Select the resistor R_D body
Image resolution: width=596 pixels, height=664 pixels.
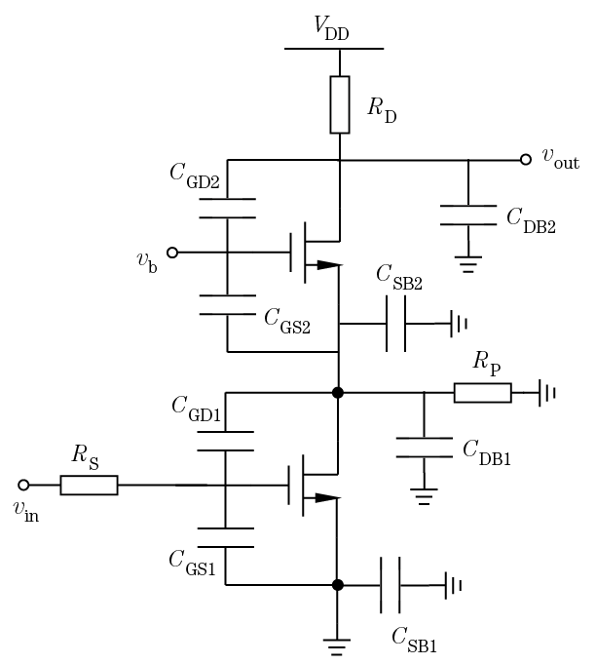(339, 104)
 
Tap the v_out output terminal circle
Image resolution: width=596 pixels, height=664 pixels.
(527, 159)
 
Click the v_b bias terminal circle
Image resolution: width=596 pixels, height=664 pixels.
(172, 253)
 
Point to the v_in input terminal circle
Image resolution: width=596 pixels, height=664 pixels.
(24, 485)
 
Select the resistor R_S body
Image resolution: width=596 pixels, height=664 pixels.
(89, 485)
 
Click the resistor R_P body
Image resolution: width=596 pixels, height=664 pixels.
(482, 393)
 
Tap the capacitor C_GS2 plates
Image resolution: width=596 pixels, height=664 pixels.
(226, 305)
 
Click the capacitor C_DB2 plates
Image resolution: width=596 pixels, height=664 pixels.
(468, 215)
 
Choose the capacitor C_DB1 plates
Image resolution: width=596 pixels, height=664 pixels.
(424, 449)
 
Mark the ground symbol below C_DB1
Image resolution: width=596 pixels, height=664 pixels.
(424, 497)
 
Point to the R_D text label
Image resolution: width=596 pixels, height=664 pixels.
(382, 109)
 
